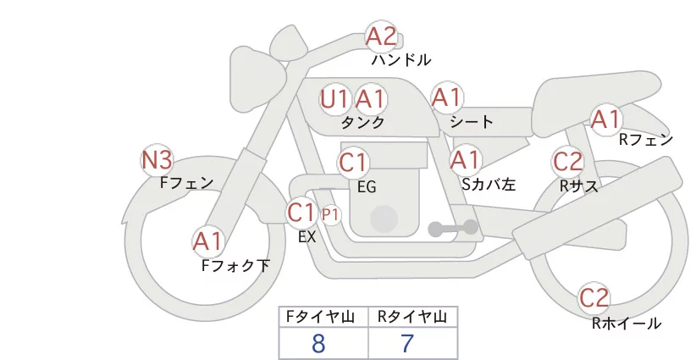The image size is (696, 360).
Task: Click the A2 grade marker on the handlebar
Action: (381, 36)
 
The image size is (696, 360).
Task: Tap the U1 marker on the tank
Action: (334, 99)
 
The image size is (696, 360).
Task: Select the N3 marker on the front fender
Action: (157, 160)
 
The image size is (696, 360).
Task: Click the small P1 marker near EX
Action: (330, 215)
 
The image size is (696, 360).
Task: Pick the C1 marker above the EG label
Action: (353, 163)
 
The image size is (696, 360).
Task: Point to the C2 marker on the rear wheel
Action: (594, 298)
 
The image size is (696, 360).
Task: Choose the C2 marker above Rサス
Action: (567, 161)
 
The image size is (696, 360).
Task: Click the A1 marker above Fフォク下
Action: (207, 242)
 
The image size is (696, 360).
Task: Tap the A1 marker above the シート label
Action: (447, 97)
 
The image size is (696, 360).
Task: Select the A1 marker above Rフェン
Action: (606, 119)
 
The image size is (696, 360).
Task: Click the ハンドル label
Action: (401, 59)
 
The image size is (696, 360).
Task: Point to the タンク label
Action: (362, 122)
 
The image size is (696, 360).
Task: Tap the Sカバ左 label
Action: (489, 184)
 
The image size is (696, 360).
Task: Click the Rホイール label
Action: (627, 324)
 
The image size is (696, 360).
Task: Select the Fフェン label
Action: (186, 182)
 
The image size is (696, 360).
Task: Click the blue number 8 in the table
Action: (318, 343)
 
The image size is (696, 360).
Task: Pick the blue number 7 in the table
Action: (407, 343)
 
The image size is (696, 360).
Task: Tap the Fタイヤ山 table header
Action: (320, 317)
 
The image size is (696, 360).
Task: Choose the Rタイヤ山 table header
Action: (412, 317)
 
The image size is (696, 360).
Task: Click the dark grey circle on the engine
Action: (384, 219)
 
